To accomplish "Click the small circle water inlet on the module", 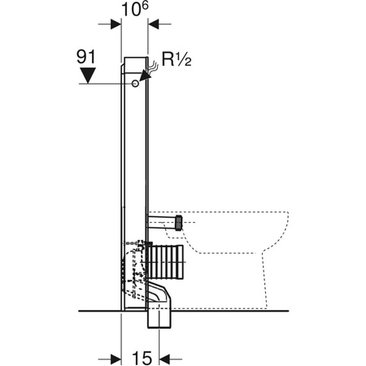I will (x=132, y=83).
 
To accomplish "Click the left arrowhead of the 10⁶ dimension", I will (x=117, y=24).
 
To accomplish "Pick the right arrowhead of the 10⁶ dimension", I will (x=152, y=24).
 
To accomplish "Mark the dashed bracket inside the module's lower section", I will (x=130, y=268).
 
